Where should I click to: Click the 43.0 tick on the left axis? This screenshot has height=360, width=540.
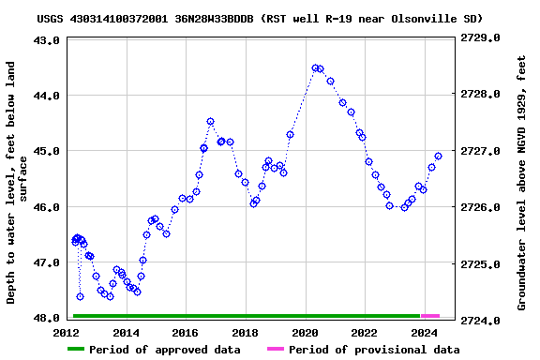(x=49, y=40)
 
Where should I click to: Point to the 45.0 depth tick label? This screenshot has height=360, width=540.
(x=49, y=151)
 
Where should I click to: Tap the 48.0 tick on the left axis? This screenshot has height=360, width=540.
(x=49, y=318)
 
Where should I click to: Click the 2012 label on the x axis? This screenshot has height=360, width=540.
(x=67, y=333)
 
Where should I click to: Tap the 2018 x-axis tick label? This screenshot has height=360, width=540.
(x=246, y=333)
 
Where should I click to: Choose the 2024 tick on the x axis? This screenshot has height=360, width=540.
(x=425, y=333)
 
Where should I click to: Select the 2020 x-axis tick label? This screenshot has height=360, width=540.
(x=306, y=333)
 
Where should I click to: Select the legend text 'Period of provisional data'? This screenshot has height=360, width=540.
(x=374, y=350)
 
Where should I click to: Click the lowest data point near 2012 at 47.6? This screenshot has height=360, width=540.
(x=80, y=296)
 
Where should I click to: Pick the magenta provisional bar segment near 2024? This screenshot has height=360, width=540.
(x=430, y=316)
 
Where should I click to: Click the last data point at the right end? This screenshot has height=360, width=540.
(x=438, y=156)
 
